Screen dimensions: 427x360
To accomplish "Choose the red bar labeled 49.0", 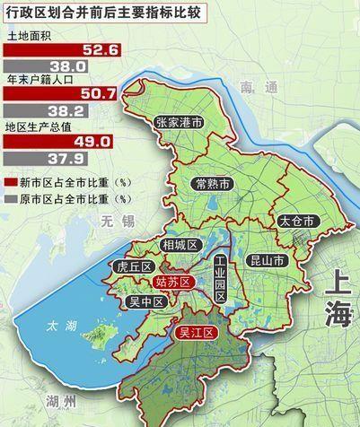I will (58, 141).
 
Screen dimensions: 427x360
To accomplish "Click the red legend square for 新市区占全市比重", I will (8, 181).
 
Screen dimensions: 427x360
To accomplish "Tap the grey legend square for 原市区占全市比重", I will (8, 195).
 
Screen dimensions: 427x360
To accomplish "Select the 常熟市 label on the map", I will (214, 183).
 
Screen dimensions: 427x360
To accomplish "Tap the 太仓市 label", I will (295, 220).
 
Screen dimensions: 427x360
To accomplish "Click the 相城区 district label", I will (180, 245).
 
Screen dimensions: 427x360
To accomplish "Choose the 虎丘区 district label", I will (135, 266).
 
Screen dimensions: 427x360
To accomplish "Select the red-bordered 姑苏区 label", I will (174, 283).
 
